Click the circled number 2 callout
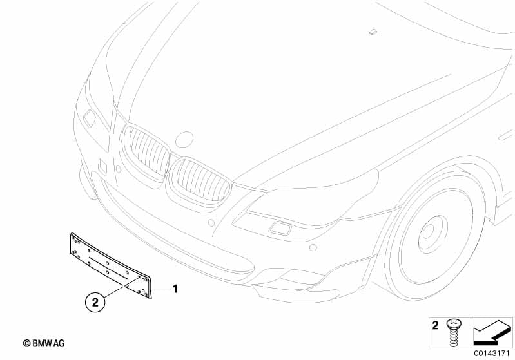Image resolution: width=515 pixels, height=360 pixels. point(95,302)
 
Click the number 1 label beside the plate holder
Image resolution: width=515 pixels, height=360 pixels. point(175,289)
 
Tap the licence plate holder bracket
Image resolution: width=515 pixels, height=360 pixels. point(111,265)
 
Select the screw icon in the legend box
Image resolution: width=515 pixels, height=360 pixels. point(453,333)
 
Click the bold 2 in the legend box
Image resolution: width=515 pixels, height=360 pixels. point(435,325)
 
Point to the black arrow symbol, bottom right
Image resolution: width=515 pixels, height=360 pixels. point(492,332)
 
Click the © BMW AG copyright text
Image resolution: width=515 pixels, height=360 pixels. point(44,344)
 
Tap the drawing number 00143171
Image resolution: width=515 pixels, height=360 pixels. point(492,354)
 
